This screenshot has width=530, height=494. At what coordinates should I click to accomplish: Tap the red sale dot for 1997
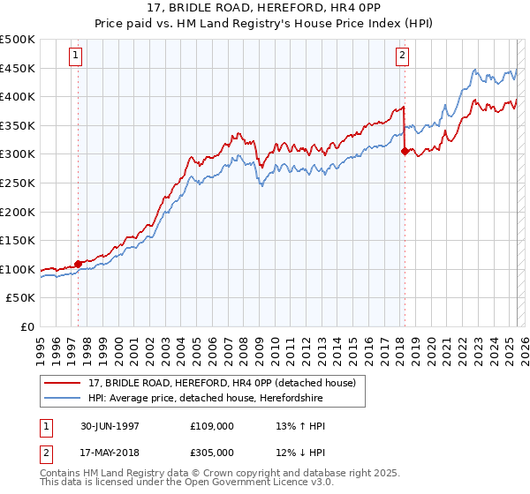(79, 263)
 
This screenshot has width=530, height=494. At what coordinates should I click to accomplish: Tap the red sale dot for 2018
(405, 151)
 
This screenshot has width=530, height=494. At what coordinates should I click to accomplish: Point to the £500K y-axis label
(18, 40)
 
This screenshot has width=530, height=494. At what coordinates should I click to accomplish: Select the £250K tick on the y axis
(18, 183)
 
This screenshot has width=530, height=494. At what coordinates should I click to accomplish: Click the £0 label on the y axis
(26, 326)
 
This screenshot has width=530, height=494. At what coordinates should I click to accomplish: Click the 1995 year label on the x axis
(41, 347)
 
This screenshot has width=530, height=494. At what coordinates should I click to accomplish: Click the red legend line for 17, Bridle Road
(63, 383)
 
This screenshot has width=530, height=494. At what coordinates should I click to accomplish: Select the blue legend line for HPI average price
(63, 399)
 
